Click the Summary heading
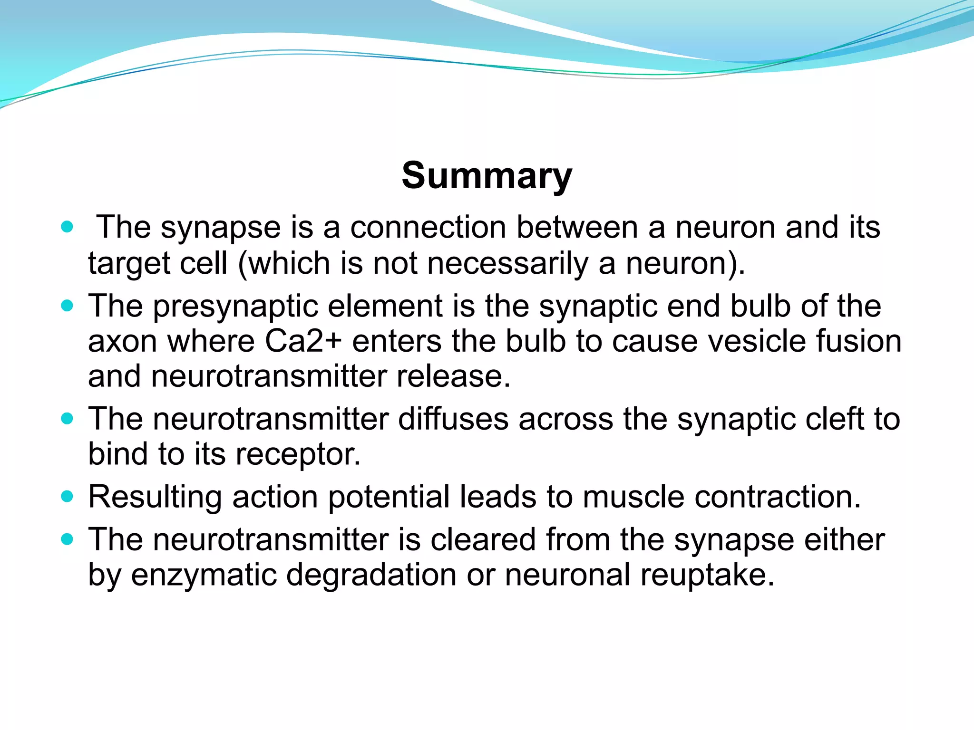(487, 176)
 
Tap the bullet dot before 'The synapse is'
(68, 227)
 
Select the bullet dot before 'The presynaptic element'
(68, 305)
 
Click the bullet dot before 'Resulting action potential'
(68, 497)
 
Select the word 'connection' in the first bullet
(428, 227)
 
